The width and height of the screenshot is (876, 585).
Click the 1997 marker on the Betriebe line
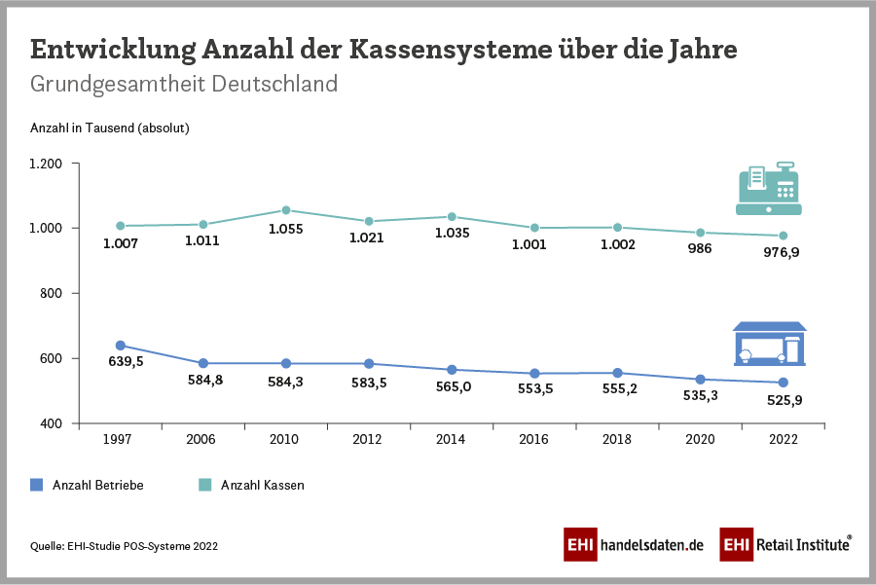pyautogui.click(x=121, y=346)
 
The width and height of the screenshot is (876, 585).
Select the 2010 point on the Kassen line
pyautogui.click(x=286, y=210)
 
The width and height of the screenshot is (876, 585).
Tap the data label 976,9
pyautogui.click(x=782, y=253)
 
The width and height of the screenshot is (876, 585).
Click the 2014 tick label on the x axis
pyautogui.click(x=452, y=439)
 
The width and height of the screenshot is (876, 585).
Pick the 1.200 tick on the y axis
pyautogui.click(x=46, y=164)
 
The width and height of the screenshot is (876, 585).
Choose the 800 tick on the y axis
pyautogui.click(x=51, y=293)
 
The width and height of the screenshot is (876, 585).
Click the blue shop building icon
pyautogui.click(x=769, y=344)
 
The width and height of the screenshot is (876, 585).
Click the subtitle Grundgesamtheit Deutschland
pyautogui.click(x=184, y=84)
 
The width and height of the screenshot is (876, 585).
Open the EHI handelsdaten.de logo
pyautogui.click(x=633, y=545)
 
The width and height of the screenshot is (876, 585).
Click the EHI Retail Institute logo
pyautogui.click(x=785, y=545)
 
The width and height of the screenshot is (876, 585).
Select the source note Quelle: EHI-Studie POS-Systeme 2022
pyautogui.click(x=125, y=547)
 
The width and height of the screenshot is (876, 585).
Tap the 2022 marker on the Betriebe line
pyautogui.click(x=783, y=383)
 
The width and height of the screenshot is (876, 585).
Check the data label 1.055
pyautogui.click(x=286, y=230)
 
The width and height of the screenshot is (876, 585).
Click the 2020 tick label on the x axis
pyautogui.click(x=699, y=439)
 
